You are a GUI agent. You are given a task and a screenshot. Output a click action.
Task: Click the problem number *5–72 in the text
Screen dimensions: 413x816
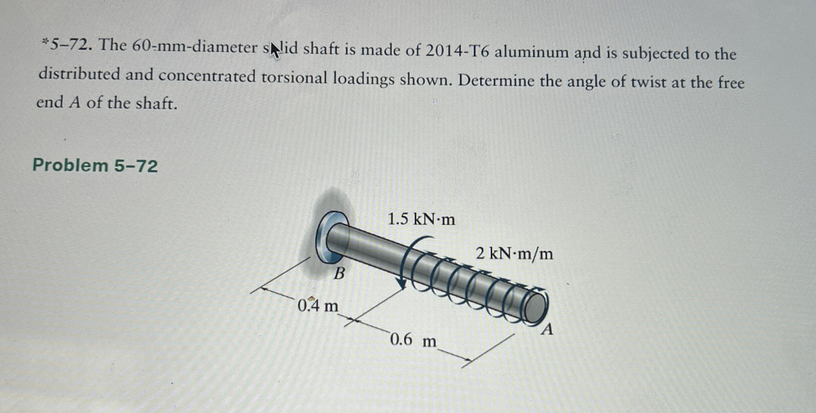[x=66, y=45]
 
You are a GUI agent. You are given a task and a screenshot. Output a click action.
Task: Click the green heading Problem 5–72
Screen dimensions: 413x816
[x=95, y=165]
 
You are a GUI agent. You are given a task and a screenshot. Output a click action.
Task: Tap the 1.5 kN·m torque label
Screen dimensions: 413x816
[x=421, y=219]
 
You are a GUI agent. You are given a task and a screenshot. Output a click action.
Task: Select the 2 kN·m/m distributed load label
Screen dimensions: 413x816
[x=514, y=254]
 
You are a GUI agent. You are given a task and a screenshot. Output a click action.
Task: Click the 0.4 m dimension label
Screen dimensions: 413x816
[x=318, y=306]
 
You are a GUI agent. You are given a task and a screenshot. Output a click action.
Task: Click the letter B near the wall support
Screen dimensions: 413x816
[x=339, y=273]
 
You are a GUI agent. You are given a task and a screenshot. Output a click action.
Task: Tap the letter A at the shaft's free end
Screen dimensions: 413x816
[x=548, y=329]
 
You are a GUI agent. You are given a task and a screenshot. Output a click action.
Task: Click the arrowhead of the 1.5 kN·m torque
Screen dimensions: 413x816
[x=402, y=286]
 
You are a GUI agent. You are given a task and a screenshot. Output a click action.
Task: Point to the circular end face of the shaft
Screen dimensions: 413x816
[x=535, y=308]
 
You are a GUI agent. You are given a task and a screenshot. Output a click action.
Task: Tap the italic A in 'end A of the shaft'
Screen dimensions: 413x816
[x=75, y=103]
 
